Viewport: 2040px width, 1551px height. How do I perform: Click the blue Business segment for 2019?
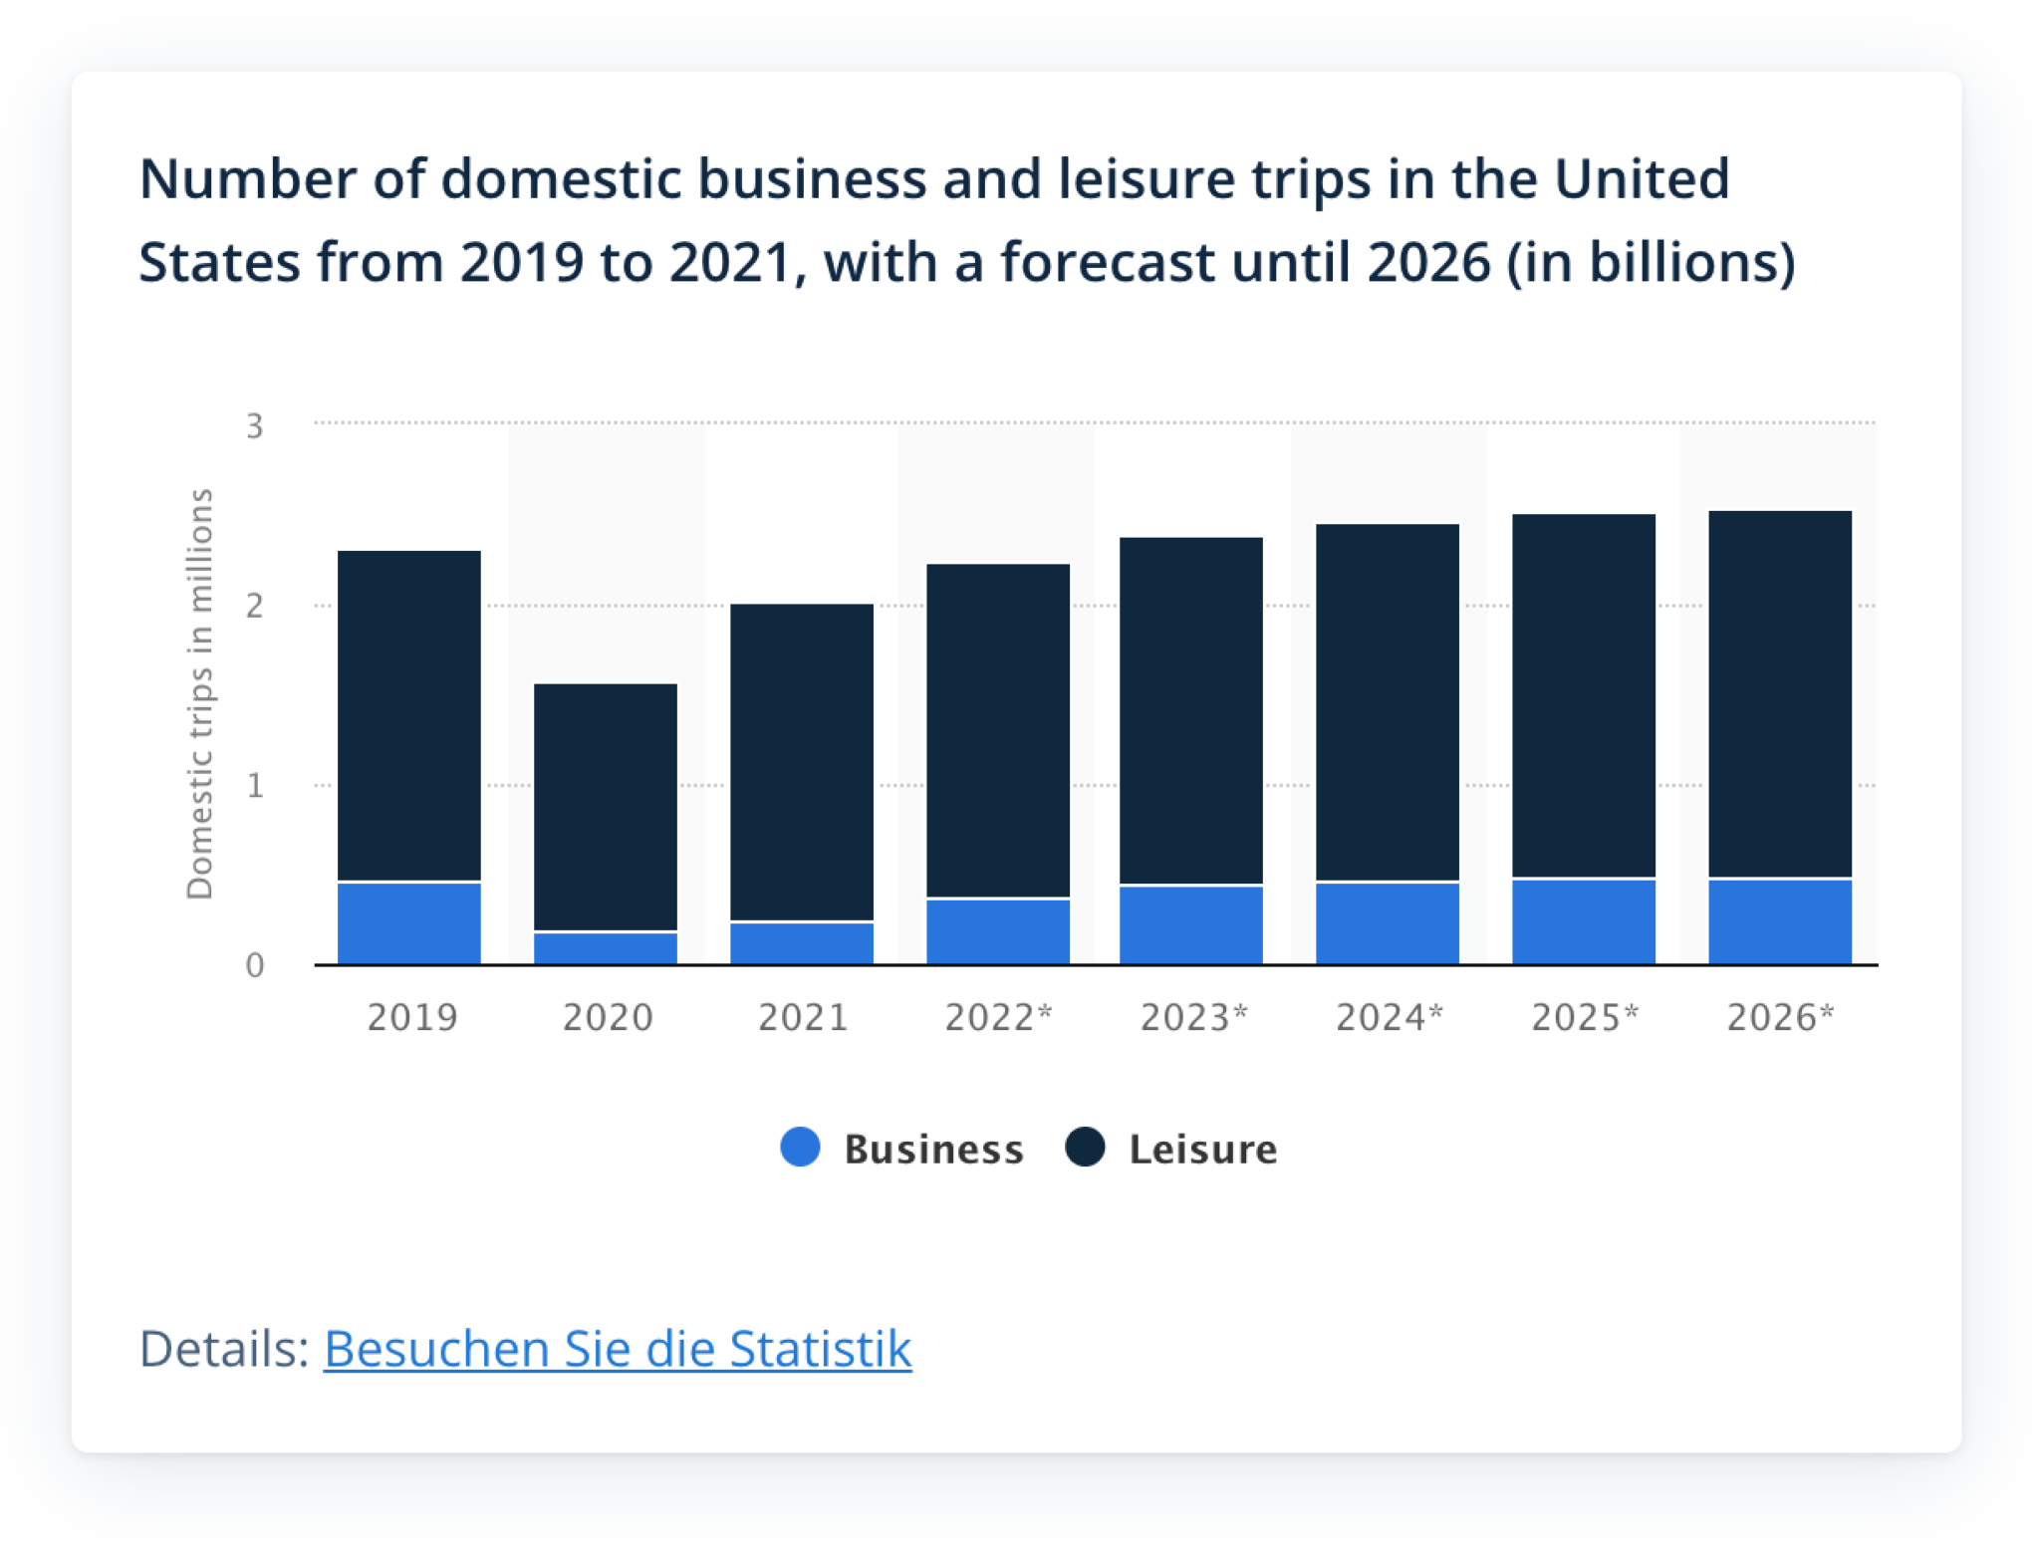click(408, 922)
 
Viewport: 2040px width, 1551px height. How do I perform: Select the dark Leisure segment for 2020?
click(605, 807)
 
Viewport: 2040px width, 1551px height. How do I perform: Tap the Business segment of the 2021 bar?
click(801, 942)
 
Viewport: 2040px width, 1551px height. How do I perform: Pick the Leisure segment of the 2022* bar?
click(997, 730)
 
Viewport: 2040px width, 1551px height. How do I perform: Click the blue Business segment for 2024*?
click(1387, 922)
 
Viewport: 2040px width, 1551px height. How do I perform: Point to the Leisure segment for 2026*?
click(1779, 694)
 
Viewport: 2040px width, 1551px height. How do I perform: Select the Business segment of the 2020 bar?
click(605, 947)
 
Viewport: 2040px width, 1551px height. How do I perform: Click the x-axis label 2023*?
click(1193, 1017)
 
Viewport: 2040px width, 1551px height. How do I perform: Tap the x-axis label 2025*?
click(1584, 1017)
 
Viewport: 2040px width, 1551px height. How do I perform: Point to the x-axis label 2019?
click(412, 1017)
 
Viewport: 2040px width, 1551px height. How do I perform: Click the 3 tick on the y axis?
click(255, 426)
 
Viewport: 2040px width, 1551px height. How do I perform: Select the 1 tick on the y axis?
click(255, 786)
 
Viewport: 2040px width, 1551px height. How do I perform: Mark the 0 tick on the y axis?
click(255, 965)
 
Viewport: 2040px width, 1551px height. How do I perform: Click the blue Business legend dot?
click(800, 1147)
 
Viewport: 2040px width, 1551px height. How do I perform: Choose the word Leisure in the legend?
click(1202, 1149)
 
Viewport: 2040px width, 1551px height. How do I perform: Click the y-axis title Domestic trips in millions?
click(200, 694)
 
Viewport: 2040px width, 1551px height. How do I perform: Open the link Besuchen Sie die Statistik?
click(617, 1349)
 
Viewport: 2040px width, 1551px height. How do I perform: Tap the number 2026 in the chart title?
click(1427, 262)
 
